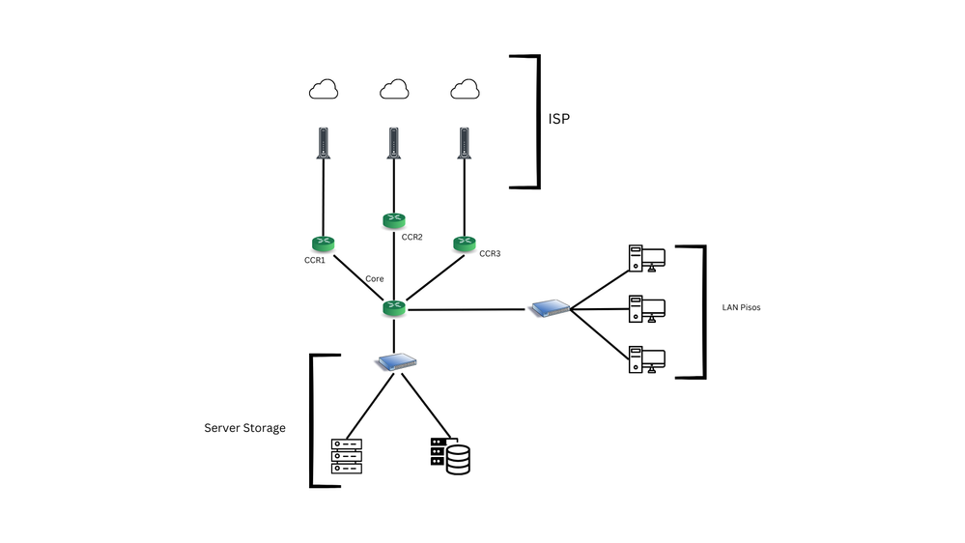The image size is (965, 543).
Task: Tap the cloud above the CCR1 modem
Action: (x=323, y=90)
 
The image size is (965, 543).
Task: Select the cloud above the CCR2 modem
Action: (x=393, y=90)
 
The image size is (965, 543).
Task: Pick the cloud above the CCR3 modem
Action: (x=465, y=90)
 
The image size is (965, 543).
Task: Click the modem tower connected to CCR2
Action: (x=393, y=144)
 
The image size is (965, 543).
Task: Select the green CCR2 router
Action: (x=393, y=221)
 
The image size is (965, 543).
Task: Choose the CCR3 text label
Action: (x=490, y=254)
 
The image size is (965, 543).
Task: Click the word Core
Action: (x=375, y=279)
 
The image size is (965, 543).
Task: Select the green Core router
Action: (x=393, y=307)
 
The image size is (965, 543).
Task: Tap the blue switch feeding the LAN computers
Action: (x=550, y=308)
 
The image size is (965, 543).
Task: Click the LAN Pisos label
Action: (x=742, y=308)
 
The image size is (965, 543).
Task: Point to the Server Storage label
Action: (x=244, y=428)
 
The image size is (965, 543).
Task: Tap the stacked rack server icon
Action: (x=346, y=456)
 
